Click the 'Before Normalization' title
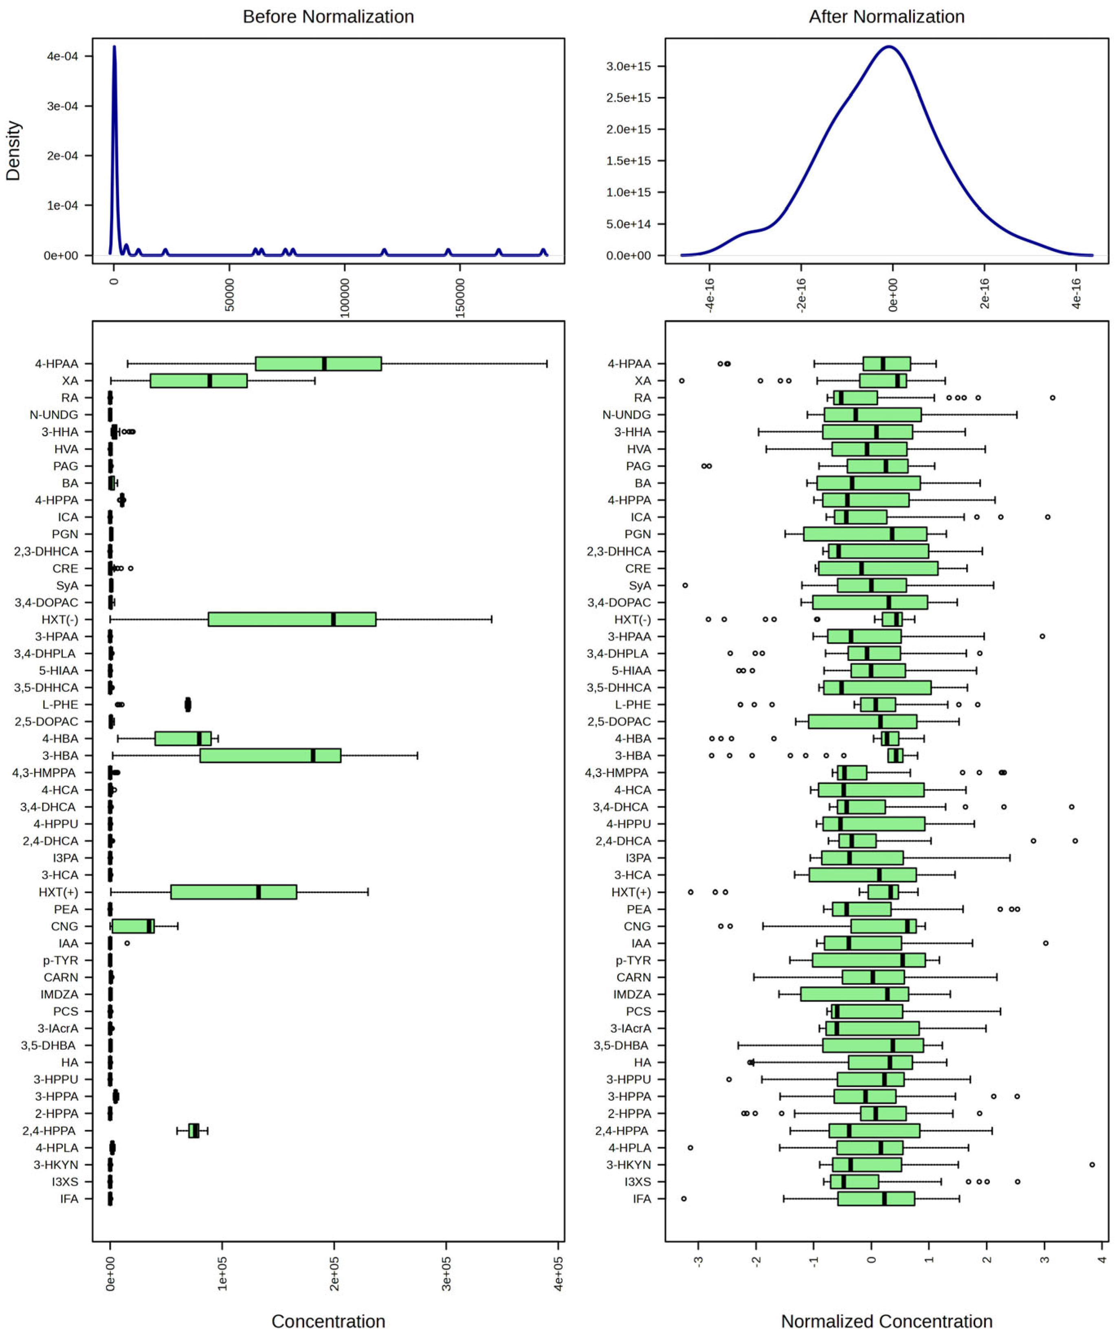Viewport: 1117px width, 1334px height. (x=328, y=17)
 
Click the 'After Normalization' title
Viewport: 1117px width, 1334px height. (x=886, y=17)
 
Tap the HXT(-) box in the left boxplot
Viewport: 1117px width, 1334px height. (x=292, y=619)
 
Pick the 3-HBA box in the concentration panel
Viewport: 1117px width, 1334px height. (x=270, y=756)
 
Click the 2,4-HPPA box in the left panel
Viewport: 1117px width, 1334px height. (x=194, y=1131)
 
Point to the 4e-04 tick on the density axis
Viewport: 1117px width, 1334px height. (x=62, y=56)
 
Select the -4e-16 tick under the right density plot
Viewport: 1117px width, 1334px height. (x=710, y=294)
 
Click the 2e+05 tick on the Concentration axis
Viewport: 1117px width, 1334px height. (x=335, y=1274)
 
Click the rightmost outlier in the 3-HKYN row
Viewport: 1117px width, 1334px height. (x=1092, y=1164)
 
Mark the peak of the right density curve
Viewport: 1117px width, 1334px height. (x=889, y=47)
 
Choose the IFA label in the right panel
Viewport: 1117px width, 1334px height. (x=642, y=1199)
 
